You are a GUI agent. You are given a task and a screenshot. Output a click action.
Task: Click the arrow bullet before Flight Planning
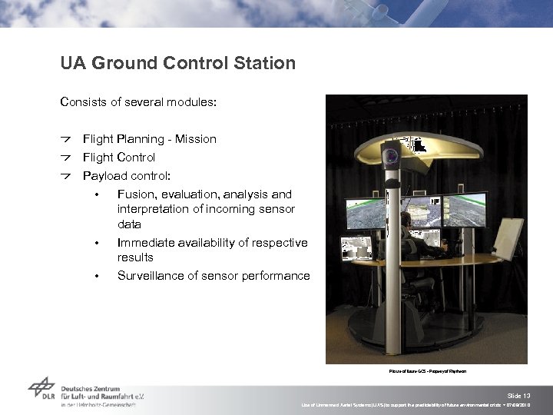66,139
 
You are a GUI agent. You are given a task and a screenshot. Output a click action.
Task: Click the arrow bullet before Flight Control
66,158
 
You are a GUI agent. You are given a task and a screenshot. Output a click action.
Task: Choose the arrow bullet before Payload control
66,176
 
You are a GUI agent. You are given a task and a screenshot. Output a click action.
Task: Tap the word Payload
104,176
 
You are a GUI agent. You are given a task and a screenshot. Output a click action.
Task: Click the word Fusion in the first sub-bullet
135,194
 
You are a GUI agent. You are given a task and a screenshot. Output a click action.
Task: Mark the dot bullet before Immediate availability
96,244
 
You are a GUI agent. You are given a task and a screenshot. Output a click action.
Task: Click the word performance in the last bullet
276,276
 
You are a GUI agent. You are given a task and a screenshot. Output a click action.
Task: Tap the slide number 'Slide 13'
520,394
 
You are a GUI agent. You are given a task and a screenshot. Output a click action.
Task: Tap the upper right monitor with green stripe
464,209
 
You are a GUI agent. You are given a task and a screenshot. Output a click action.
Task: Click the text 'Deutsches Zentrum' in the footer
91,389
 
